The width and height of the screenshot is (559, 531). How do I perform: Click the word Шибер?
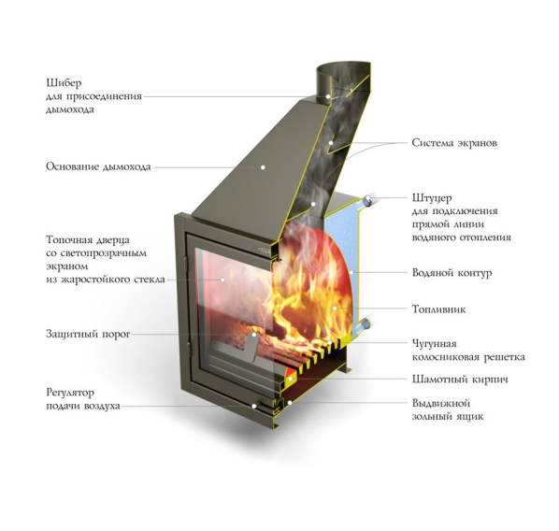[x=64, y=82]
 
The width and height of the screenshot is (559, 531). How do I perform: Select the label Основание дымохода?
[x=98, y=166]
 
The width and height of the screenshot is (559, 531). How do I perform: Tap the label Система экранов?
[x=454, y=143]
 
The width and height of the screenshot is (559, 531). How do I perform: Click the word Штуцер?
[x=432, y=198]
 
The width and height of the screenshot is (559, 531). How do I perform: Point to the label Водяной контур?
[x=451, y=273]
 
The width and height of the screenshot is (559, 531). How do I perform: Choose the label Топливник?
[x=438, y=309]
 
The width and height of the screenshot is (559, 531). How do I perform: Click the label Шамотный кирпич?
[x=460, y=379]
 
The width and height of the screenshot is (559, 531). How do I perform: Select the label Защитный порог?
[x=88, y=334]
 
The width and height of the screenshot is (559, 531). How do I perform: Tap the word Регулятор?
[x=70, y=393]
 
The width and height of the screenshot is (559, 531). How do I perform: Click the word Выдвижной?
[x=441, y=403]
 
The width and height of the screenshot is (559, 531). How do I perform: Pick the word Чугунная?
[x=435, y=344]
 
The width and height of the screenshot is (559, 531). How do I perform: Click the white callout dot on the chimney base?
[x=263, y=167]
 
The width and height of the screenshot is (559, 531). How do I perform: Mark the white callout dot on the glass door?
[x=222, y=280]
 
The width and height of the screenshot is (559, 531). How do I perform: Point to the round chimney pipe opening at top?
[x=343, y=68]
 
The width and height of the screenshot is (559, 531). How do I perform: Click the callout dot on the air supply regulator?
[x=254, y=406]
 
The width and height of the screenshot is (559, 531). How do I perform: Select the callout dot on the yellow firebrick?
[x=290, y=379]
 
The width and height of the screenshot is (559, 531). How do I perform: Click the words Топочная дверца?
[x=88, y=240]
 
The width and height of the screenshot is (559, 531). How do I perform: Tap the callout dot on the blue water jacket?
[x=351, y=273]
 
